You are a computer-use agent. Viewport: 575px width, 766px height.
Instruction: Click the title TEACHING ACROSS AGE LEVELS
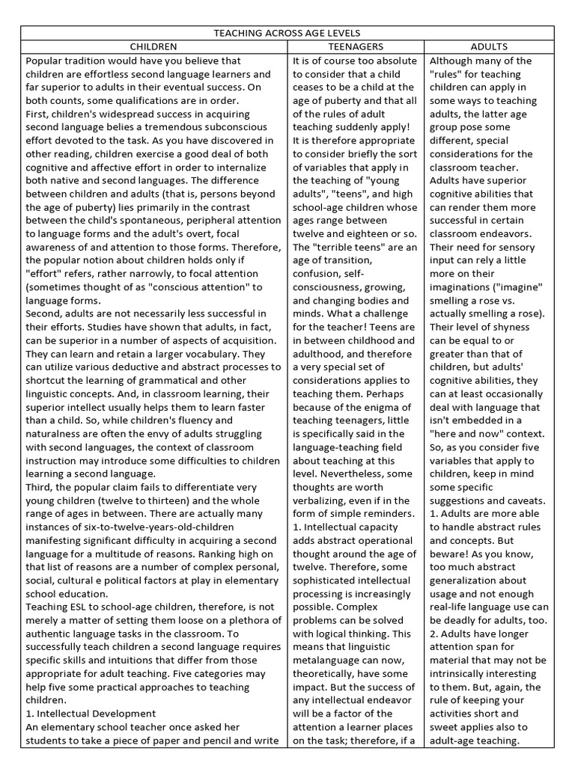(x=287, y=33)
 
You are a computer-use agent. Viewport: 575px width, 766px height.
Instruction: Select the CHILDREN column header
(x=153, y=46)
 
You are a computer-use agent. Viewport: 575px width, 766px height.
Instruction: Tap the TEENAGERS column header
(x=356, y=46)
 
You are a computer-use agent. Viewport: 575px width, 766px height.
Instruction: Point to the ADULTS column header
(x=489, y=46)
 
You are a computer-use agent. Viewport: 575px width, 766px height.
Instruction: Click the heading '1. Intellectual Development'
(x=91, y=714)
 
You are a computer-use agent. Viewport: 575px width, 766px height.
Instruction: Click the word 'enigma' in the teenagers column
(x=381, y=407)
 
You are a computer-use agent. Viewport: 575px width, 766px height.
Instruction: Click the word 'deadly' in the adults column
(x=466, y=621)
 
